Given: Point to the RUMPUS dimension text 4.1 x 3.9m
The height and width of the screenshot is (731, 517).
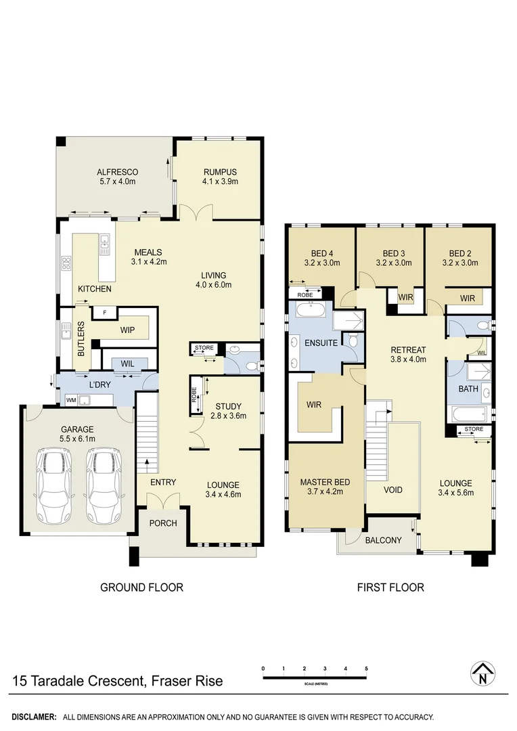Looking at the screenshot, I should tap(219, 181).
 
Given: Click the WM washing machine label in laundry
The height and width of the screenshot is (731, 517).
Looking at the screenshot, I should tap(71, 401).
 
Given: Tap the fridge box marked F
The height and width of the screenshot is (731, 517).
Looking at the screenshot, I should tap(104, 313).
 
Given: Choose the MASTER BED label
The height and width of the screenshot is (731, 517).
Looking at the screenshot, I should tap(325, 482).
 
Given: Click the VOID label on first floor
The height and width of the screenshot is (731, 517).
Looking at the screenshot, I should tap(393, 489).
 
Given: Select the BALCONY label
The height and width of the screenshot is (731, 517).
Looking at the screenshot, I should tap(383, 540).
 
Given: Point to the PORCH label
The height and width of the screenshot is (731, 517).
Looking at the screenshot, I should tap(163, 523).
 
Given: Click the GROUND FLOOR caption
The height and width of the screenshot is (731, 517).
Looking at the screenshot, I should tap(141, 588).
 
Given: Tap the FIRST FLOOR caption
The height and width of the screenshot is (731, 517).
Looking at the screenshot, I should tap(390, 588).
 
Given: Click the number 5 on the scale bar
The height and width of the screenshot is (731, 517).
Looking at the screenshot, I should tap(366, 669).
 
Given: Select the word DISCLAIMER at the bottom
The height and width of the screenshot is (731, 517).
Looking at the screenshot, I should tap(33, 716).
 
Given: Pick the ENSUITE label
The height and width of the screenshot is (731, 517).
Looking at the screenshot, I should tap(321, 342).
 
